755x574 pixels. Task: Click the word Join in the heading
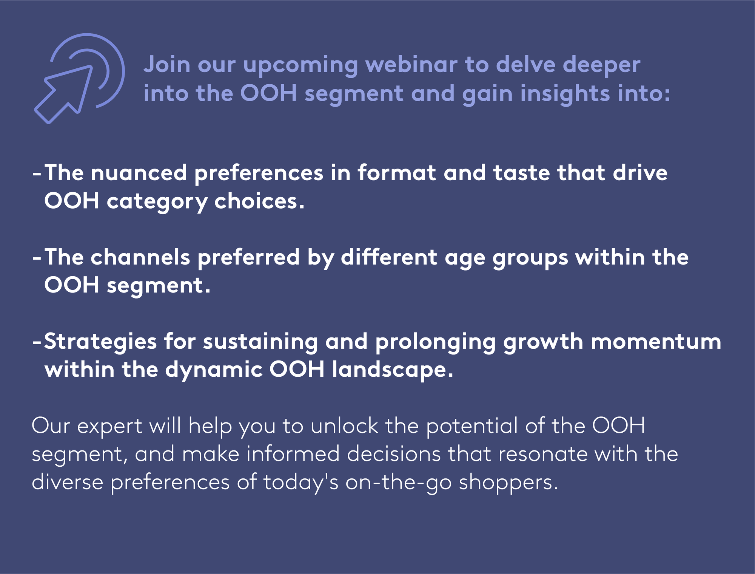click(167, 65)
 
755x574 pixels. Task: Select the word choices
click(259, 201)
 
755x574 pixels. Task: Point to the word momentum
click(656, 342)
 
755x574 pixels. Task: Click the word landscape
click(393, 370)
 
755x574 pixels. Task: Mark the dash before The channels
click(37, 258)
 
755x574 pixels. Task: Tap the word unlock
click(344, 425)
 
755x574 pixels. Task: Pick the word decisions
click(394, 454)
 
